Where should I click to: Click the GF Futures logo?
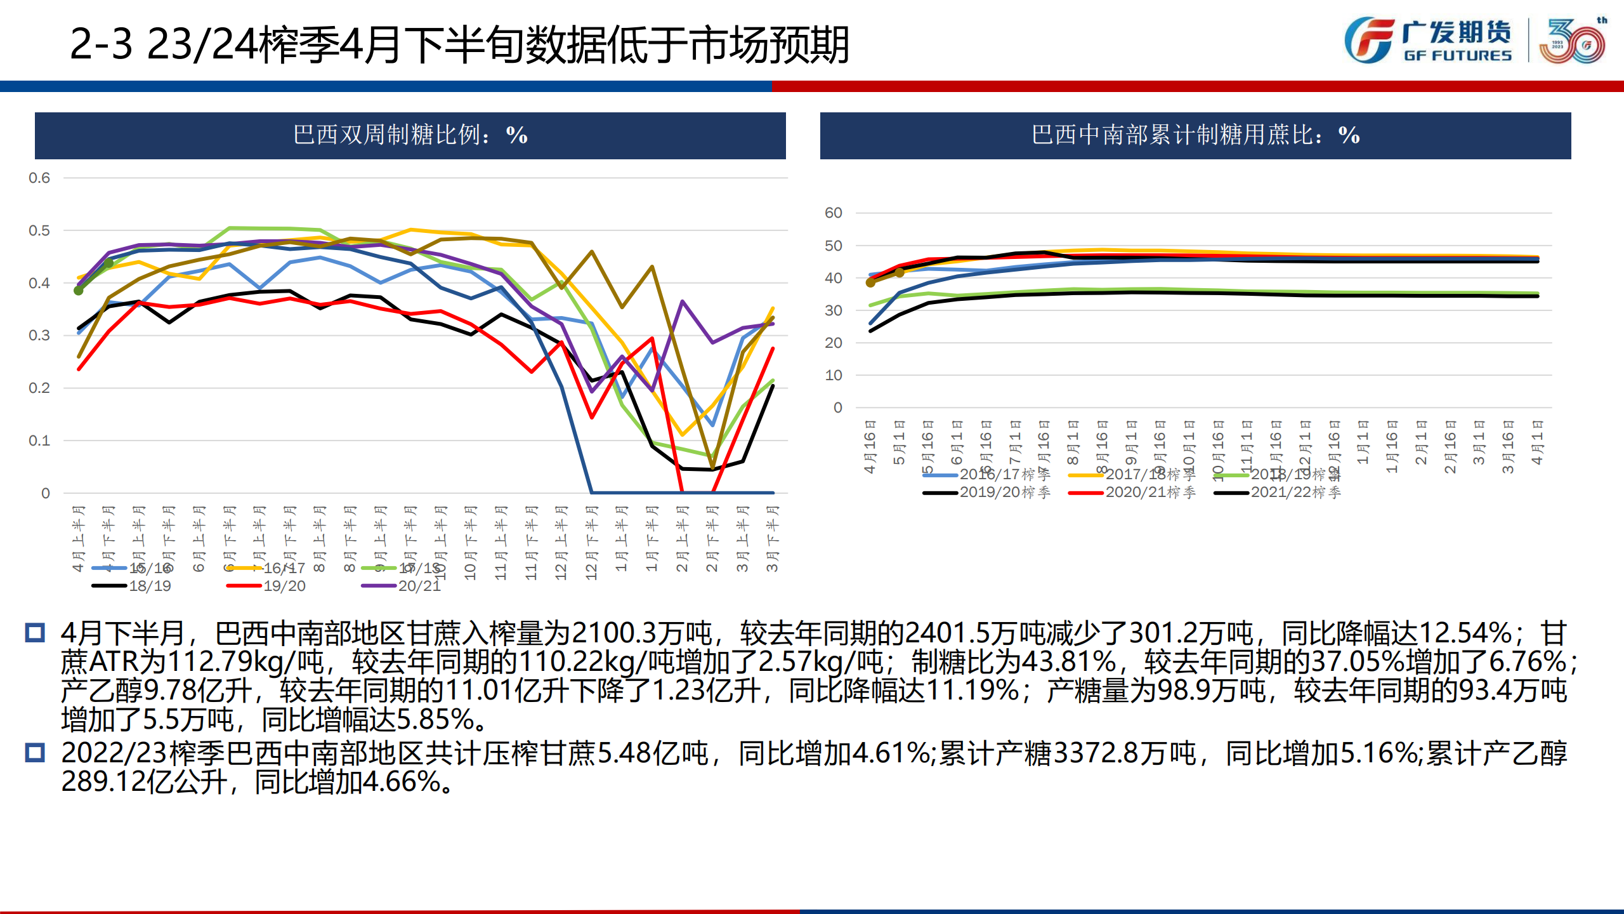click(1427, 41)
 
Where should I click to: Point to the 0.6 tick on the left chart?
click(39, 178)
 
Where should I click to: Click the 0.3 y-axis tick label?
click(39, 336)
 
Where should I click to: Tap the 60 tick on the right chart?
click(833, 213)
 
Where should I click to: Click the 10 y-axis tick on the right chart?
click(833, 376)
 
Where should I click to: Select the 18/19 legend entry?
click(150, 586)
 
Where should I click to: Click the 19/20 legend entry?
click(284, 586)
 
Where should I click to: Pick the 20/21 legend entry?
click(419, 586)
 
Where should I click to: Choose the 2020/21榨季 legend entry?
click(1149, 493)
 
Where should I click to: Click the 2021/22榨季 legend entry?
click(1295, 493)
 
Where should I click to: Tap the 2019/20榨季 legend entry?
click(1004, 493)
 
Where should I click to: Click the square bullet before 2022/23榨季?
click(35, 753)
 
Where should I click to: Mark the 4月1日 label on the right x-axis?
click(1536, 442)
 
